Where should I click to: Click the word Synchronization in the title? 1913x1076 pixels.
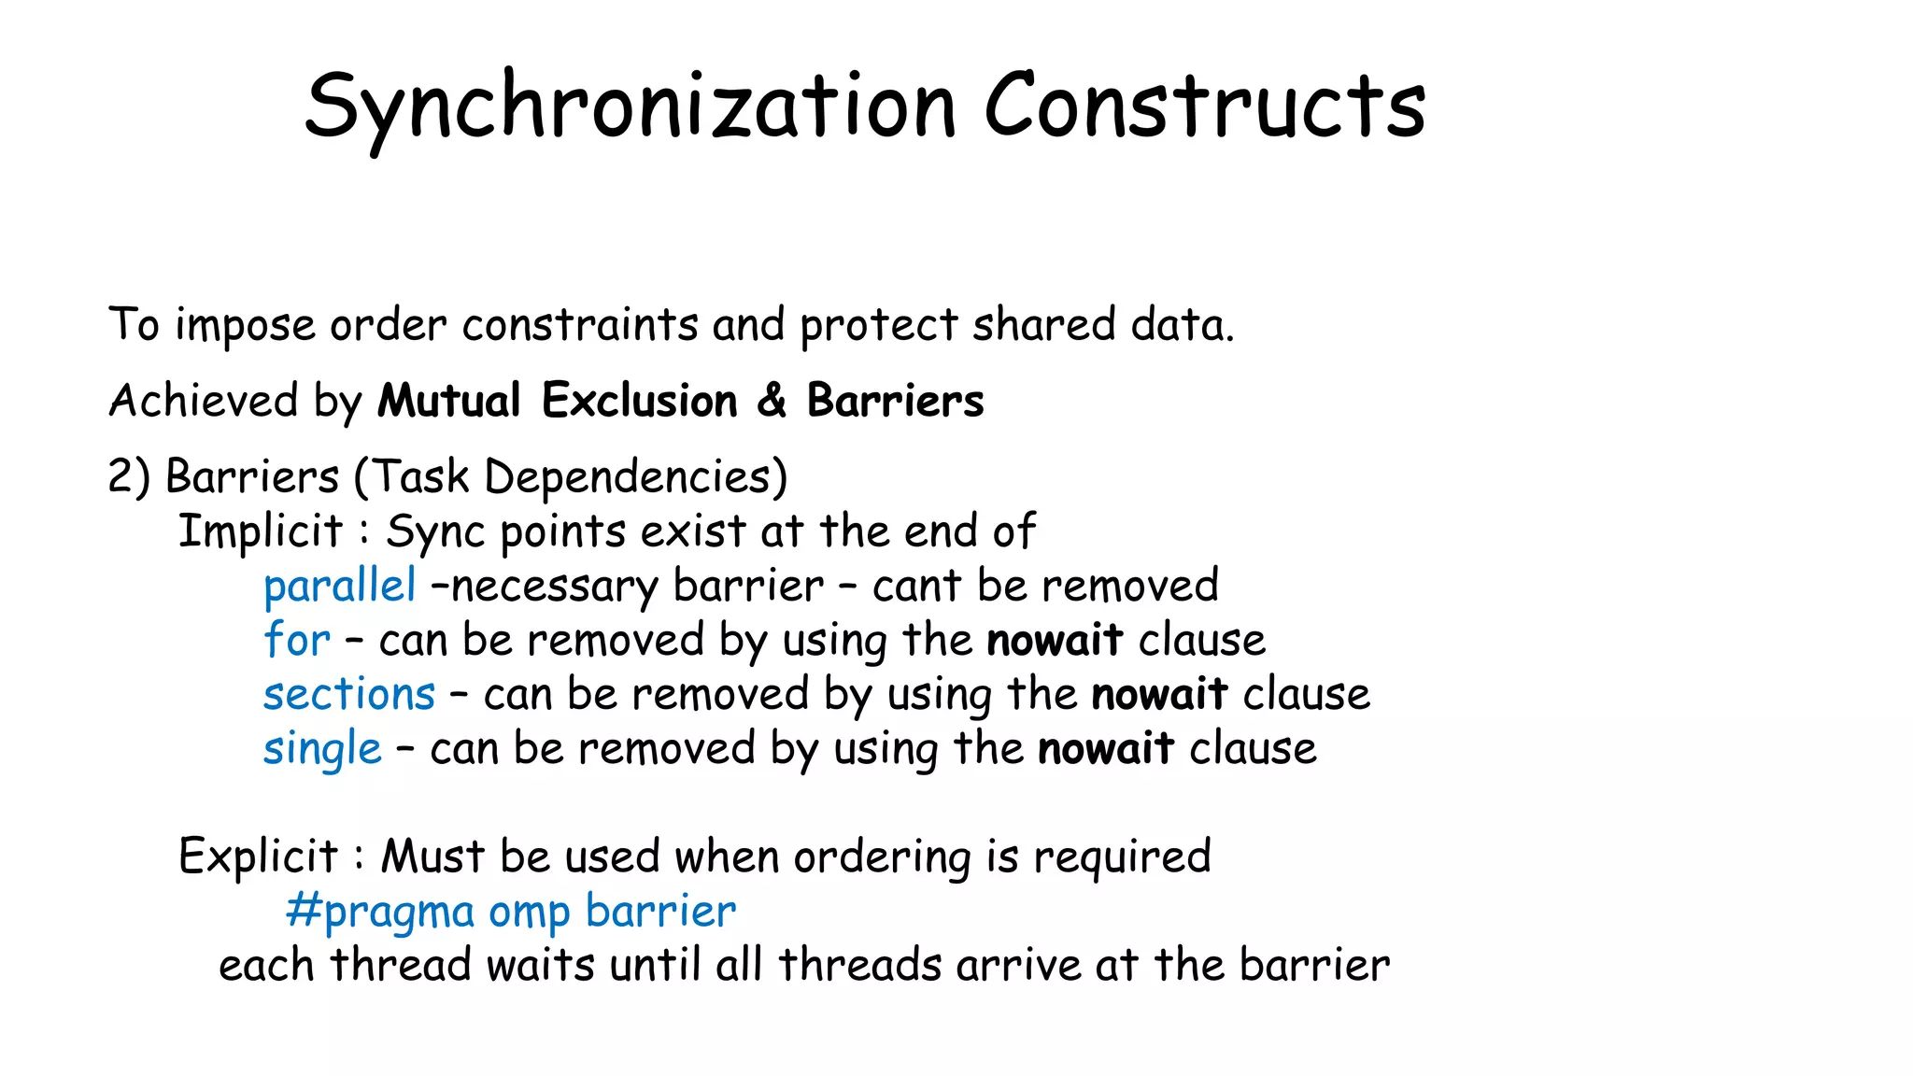pyautogui.click(x=631, y=107)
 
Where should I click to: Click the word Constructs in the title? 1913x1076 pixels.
pyautogui.click(x=1205, y=107)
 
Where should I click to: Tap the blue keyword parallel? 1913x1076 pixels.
pyautogui.click(x=340, y=587)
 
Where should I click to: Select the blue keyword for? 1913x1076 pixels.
pyautogui.click(x=297, y=641)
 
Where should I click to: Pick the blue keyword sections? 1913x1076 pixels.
pyautogui.click(x=349, y=695)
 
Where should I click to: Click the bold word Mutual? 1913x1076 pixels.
pyautogui.click(x=449, y=402)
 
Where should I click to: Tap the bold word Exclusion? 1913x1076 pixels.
pyautogui.click(x=640, y=402)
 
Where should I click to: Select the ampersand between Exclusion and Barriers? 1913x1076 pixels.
pyautogui.click(x=772, y=402)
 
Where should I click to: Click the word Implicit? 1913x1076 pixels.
pyautogui.click(x=261, y=531)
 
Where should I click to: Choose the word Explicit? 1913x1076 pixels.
pyautogui.click(x=258, y=857)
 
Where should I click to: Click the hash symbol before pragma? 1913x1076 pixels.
pyautogui.click(x=303, y=911)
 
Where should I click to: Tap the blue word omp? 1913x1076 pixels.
pyautogui.click(x=529, y=913)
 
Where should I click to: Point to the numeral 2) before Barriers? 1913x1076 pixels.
pyautogui.click(x=129, y=477)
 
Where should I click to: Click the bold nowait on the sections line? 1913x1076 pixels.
pyautogui.click(x=1159, y=695)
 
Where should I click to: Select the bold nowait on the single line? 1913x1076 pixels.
pyautogui.click(x=1106, y=749)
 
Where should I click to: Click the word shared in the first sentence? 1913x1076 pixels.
pyautogui.click(x=1044, y=325)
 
